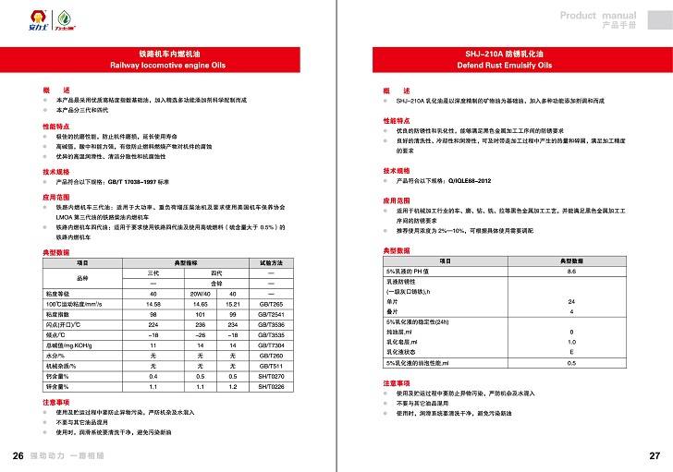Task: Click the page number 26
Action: click(x=18, y=457)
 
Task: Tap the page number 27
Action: click(x=655, y=457)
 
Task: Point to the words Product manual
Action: click(x=598, y=17)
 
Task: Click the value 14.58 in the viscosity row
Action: click(x=153, y=303)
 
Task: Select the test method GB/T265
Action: click(x=270, y=303)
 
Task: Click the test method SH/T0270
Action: click(x=270, y=377)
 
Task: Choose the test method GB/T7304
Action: click(x=270, y=345)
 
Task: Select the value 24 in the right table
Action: click(x=571, y=302)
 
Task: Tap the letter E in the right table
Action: click(x=571, y=353)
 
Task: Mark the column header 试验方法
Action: click(x=270, y=263)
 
